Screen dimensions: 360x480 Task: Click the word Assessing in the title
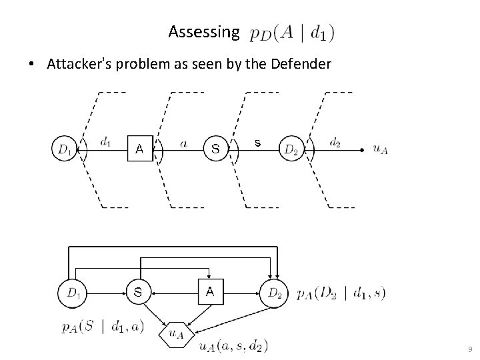203,31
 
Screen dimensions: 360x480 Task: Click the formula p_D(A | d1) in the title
292,32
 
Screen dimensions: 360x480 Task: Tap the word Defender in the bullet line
297,65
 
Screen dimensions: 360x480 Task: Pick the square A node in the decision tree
139,149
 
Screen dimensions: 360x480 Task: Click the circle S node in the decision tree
215,149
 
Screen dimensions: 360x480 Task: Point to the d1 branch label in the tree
105,141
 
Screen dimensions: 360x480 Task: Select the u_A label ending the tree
379,149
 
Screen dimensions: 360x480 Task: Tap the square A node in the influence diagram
210,291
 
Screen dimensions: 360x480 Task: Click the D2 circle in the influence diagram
273,292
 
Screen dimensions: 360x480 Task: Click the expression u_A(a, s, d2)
233,345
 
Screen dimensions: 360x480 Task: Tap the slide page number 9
470,349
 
